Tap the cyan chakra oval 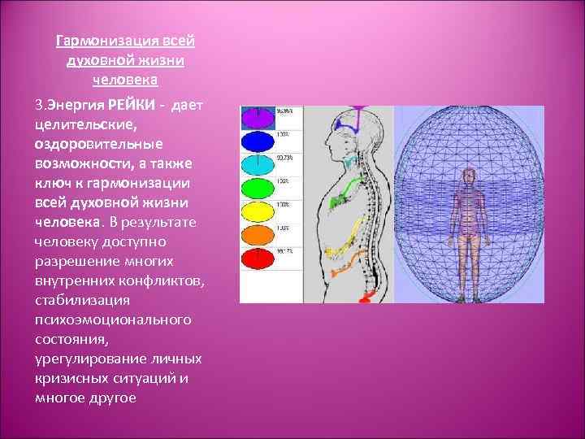tap(258, 164)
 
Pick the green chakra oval tap(258, 189)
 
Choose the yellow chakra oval tap(258, 213)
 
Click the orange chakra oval tap(258, 237)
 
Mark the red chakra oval tap(258, 260)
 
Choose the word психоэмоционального tap(113, 319)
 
